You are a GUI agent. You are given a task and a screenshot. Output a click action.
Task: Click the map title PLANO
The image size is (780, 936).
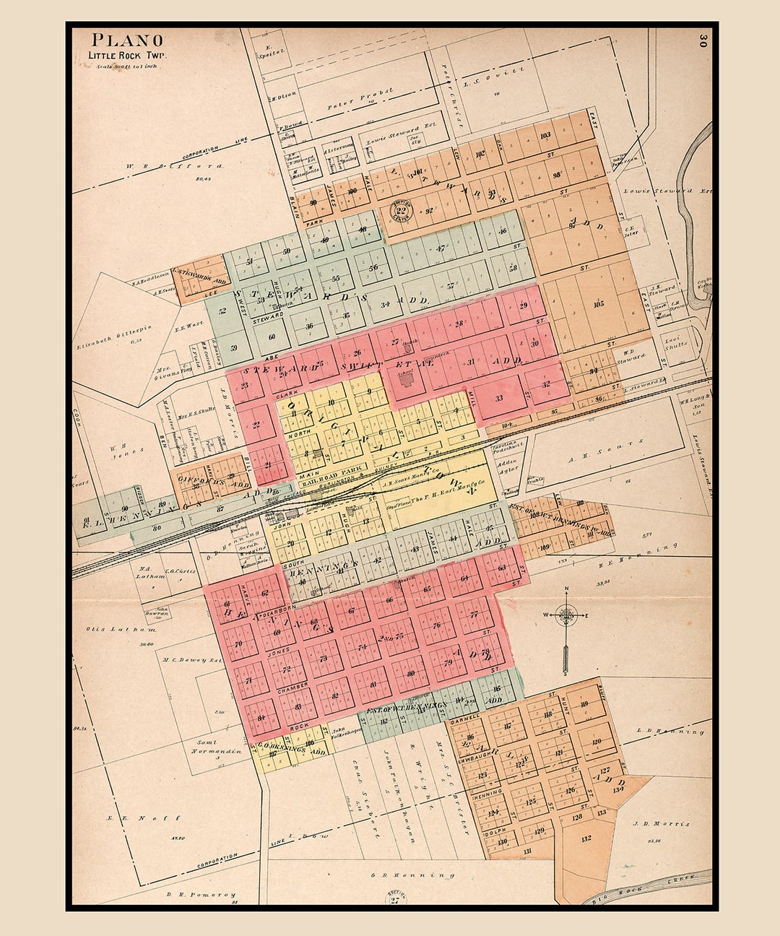(x=127, y=40)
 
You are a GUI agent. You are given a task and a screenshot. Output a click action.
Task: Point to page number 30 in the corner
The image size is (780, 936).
(x=701, y=40)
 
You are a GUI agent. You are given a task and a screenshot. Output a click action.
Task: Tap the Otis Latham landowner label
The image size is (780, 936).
(x=111, y=629)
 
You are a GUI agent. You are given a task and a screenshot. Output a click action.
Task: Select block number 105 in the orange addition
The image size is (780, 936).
(x=597, y=303)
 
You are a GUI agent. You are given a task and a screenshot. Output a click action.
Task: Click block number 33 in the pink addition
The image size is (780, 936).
(x=499, y=398)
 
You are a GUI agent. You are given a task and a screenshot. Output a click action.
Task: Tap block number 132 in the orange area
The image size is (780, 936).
(x=586, y=838)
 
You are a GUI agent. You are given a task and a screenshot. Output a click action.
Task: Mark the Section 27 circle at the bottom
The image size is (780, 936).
(x=394, y=898)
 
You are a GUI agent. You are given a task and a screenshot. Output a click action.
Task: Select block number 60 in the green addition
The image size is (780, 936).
(x=272, y=337)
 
